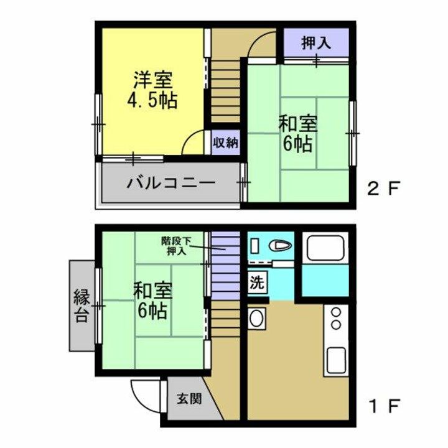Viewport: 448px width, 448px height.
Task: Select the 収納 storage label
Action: pyautogui.click(x=225, y=142)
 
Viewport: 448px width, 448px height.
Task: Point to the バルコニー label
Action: pyautogui.click(x=171, y=184)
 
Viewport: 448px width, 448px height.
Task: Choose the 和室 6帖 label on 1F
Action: pyautogui.click(x=152, y=300)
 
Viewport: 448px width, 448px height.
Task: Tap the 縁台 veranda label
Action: pyautogui.click(x=82, y=305)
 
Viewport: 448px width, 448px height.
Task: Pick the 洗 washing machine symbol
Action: pyautogui.click(x=257, y=282)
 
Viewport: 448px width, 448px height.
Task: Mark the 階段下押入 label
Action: pyautogui.click(x=175, y=245)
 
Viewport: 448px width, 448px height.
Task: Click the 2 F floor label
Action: pyautogui.click(x=384, y=187)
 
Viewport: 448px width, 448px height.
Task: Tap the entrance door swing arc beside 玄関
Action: pyautogui.click(x=144, y=393)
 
